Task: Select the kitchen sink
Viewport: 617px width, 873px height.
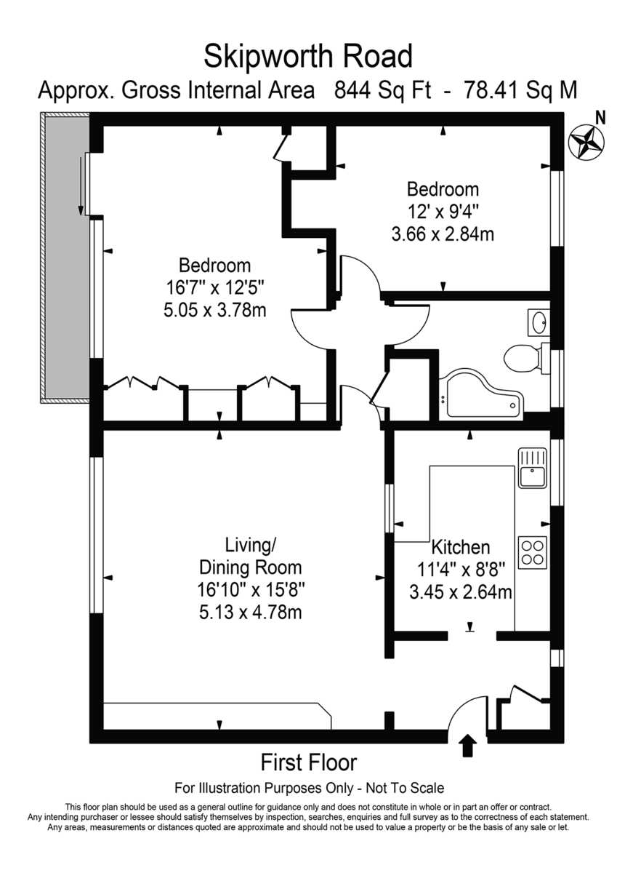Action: click(x=532, y=467)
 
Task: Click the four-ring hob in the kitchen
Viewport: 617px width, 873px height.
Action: click(x=532, y=552)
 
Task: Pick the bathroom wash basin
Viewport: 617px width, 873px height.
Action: click(x=539, y=322)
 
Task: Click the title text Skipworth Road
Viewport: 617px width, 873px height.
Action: click(x=308, y=56)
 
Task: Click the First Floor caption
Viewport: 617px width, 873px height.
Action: click(x=309, y=762)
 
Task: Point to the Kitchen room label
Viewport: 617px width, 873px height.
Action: click(x=461, y=547)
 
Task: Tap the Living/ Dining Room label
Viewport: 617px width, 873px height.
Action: click(x=251, y=556)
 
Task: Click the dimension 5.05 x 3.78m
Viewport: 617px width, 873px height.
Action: click(x=215, y=310)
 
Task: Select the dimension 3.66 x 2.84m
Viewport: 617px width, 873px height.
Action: click(x=443, y=234)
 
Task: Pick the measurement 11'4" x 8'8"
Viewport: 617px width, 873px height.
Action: click(x=461, y=570)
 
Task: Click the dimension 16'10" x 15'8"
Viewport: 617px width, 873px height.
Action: click(x=251, y=590)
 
